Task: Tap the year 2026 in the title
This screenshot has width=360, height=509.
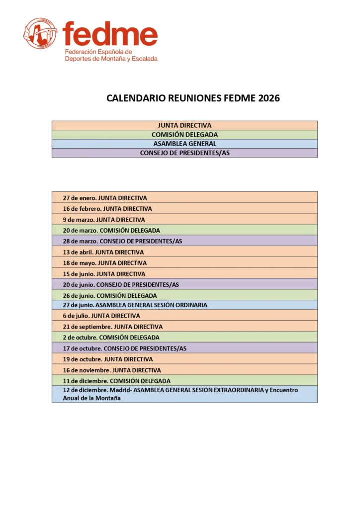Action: (269, 98)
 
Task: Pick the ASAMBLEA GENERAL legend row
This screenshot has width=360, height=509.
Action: (184, 144)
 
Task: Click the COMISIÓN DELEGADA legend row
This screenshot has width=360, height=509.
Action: (184, 135)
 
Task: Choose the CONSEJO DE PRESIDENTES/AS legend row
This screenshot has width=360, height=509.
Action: (184, 153)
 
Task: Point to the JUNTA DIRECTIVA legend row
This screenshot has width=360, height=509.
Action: (184, 125)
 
